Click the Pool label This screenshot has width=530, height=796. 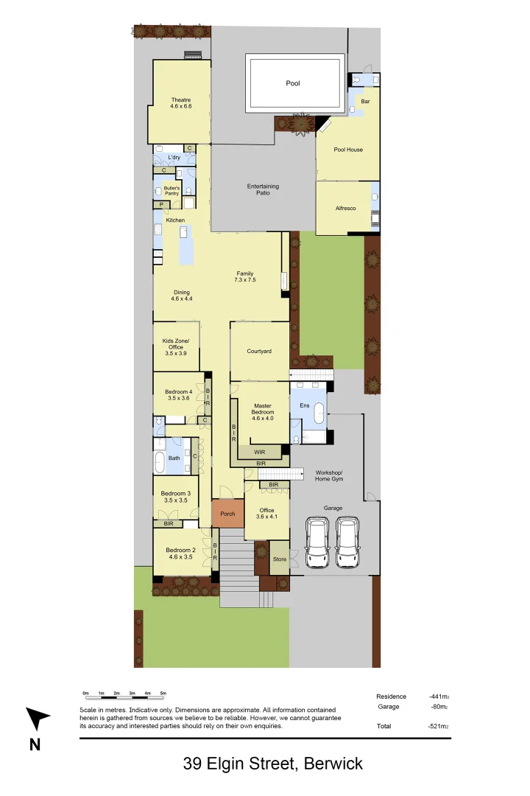[293, 83]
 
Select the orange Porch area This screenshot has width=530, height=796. [227, 514]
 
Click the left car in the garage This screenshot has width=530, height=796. [317, 542]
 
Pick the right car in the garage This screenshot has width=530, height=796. [347, 542]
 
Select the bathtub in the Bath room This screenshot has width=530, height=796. [160, 462]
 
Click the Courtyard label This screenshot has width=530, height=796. [259, 352]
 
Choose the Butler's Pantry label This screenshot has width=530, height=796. [172, 190]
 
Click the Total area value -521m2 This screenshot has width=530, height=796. [439, 727]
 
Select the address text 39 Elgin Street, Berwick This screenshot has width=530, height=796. [272, 764]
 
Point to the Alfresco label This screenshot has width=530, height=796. [345, 209]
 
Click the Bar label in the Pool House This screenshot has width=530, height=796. [365, 101]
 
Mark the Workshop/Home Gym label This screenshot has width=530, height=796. [329, 475]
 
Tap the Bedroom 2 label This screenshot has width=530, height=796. [180, 554]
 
